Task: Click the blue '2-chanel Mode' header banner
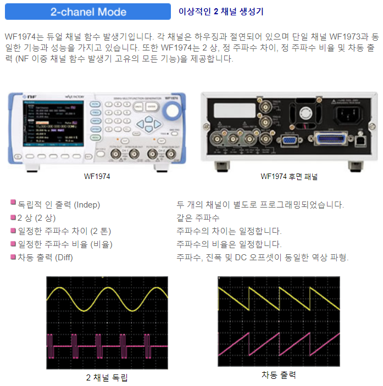[x=88, y=12]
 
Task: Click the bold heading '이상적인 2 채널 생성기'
[x=220, y=12]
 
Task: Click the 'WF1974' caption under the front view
[x=97, y=177]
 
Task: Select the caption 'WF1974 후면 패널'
[x=288, y=177]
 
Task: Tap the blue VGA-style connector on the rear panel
[x=288, y=142]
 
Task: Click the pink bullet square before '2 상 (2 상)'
[x=13, y=217]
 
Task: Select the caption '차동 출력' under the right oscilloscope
[x=279, y=375]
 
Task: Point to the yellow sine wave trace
[x=108, y=300]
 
